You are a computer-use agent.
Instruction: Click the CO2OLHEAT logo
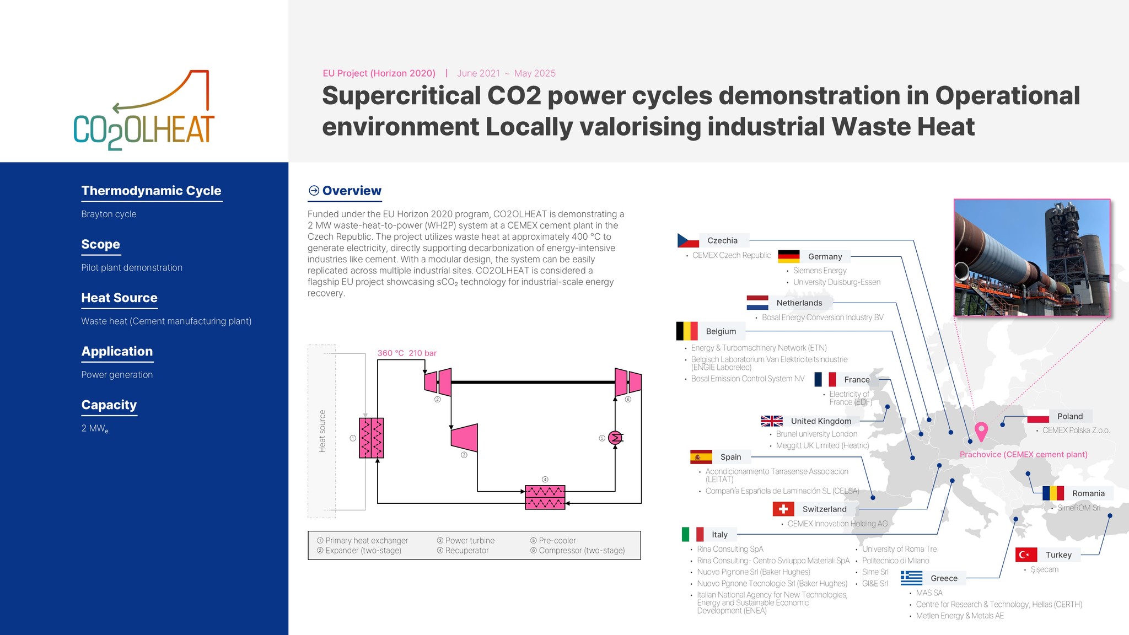tap(144, 110)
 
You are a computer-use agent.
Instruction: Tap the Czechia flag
tap(687, 240)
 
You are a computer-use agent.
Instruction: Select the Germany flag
tap(788, 256)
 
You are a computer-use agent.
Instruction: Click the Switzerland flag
tap(783, 509)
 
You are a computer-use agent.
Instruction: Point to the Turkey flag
tap(1026, 555)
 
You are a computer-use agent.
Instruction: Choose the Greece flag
tap(911, 578)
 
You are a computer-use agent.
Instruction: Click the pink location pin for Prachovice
tap(981, 430)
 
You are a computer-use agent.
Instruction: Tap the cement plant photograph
tap(1031, 257)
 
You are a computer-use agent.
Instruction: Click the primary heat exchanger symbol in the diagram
tap(371, 438)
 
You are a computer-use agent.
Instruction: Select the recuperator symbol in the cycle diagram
tap(545, 497)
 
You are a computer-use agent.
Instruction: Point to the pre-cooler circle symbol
tap(615, 438)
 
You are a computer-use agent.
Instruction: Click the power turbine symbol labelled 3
tap(464, 438)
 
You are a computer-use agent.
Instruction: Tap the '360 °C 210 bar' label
tap(407, 353)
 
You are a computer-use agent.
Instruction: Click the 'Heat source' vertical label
tap(322, 431)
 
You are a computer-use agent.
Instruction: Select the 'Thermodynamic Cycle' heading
tap(151, 191)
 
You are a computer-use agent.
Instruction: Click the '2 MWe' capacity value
tap(95, 428)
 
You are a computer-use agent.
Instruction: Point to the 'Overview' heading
tap(351, 191)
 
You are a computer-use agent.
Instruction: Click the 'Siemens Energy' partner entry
tap(819, 271)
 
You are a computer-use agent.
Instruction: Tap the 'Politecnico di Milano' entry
tap(895, 561)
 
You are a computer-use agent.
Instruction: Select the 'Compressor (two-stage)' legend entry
tap(581, 550)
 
